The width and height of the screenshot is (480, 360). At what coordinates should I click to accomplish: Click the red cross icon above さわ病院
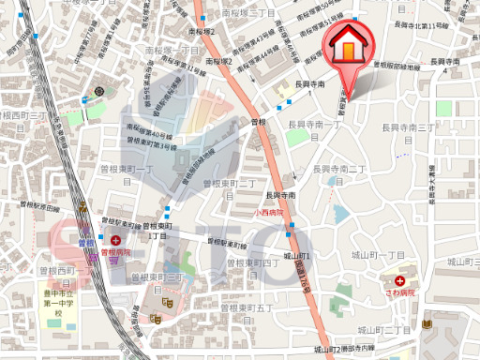click(x=399, y=280)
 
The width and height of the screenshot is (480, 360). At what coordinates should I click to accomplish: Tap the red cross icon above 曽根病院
click(x=115, y=240)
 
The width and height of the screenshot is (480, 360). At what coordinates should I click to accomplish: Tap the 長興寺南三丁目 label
click(x=410, y=127)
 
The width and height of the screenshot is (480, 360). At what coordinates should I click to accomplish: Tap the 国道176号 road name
click(x=301, y=272)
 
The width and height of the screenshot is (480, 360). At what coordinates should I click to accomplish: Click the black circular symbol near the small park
click(x=99, y=91)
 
